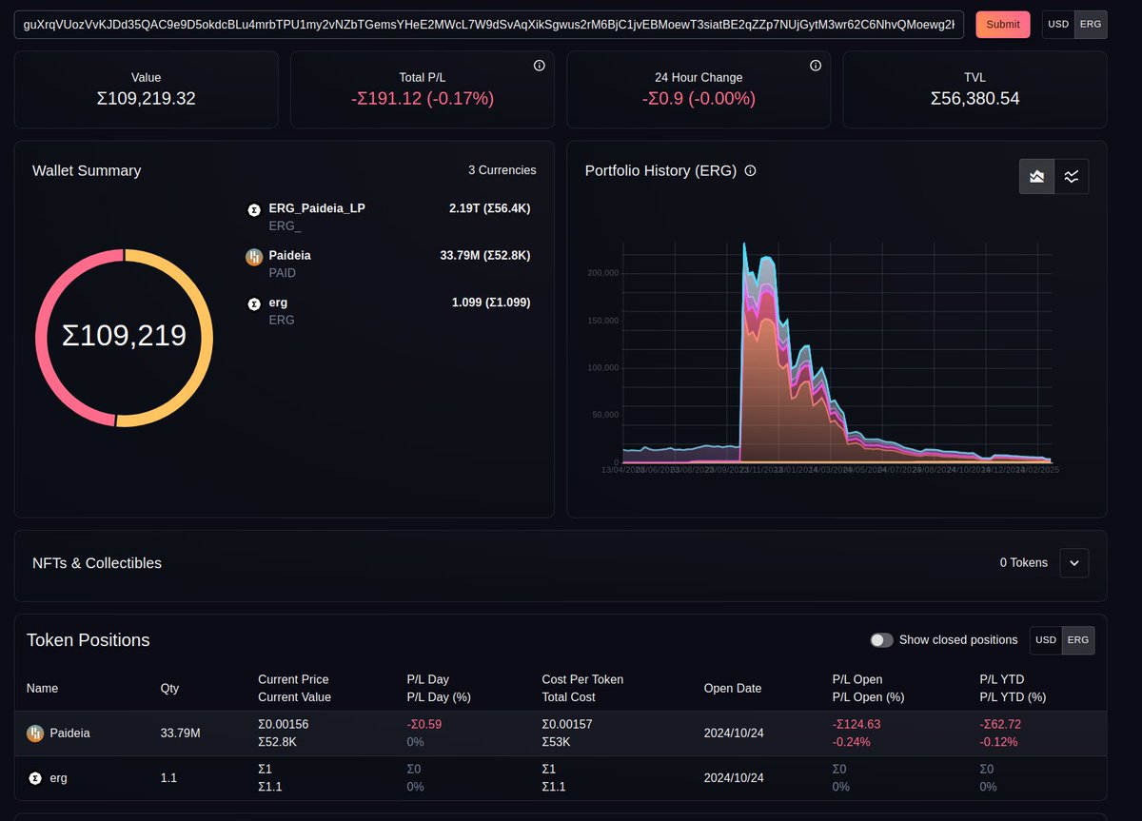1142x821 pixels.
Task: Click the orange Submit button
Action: [1002, 25]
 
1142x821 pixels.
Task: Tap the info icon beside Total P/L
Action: [539, 66]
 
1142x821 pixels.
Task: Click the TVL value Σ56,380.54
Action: [975, 98]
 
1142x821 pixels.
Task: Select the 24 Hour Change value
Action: [699, 98]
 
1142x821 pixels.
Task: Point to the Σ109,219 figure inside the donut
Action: [124, 336]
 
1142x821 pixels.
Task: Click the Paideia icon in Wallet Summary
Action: [254, 256]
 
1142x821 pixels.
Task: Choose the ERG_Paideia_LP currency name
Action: [317, 208]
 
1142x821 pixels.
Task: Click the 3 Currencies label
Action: [502, 170]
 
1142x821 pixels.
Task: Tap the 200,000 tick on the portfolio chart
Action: [604, 273]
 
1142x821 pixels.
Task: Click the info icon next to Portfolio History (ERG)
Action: [750, 171]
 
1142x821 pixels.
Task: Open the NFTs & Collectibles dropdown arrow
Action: [1073, 563]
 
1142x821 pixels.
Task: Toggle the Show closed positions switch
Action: [881, 640]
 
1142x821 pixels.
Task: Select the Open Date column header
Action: [732, 688]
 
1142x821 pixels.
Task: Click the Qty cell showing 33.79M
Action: [180, 733]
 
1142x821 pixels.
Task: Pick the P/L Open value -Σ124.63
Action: [857, 724]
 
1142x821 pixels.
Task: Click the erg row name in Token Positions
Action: [58, 778]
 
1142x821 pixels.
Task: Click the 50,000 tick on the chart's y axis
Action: [606, 415]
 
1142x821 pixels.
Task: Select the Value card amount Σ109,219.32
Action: [146, 98]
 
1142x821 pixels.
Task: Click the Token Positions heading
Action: [88, 640]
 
